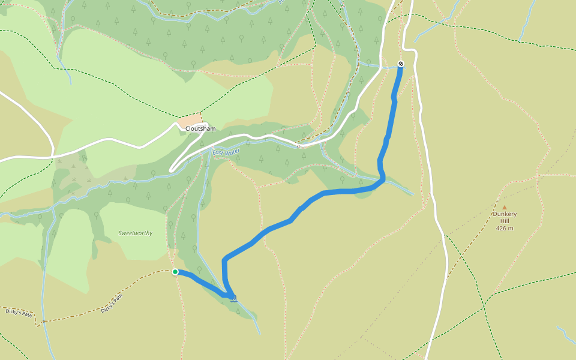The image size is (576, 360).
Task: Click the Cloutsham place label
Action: (200, 129)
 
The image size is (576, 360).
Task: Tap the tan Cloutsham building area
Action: (190, 120)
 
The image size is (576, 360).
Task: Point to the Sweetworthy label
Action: (135, 233)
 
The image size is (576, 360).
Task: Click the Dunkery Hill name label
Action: (505, 217)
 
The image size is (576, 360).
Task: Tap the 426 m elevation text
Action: (505, 228)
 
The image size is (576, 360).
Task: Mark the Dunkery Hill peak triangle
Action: (504, 208)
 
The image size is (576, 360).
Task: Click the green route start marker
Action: (175, 272)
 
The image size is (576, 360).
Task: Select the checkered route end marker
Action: (401, 64)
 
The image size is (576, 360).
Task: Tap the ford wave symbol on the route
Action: (233, 298)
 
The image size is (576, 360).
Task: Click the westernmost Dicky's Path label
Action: (17, 312)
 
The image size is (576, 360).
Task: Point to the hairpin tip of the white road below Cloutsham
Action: (172, 170)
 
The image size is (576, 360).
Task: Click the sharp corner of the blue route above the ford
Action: (225, 260)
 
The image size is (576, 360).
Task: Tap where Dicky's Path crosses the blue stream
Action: (44, 322)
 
